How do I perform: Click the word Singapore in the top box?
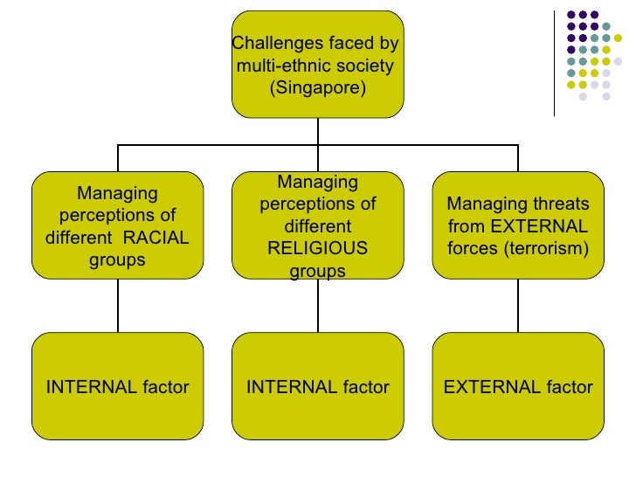(318, 88)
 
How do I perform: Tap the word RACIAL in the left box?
(156, 238)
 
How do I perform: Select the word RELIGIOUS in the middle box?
(318, 250)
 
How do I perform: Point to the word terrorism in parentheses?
(550, 249)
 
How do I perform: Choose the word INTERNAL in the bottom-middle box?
(285, 387)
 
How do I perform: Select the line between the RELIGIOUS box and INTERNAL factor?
(318, 306)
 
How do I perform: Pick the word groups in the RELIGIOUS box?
(318, 272)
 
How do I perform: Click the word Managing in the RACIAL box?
(118, 193)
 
